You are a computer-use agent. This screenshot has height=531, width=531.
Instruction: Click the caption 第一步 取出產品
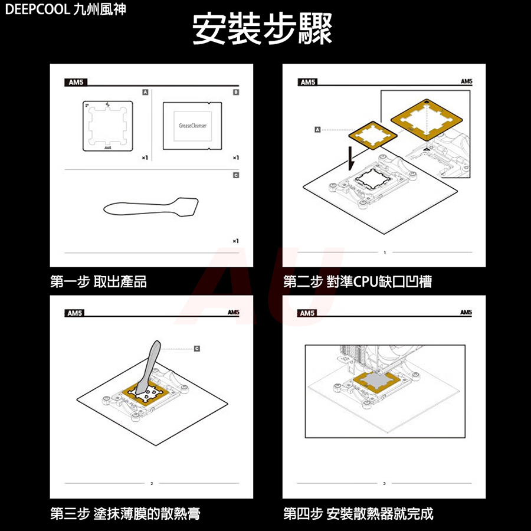(99, 281)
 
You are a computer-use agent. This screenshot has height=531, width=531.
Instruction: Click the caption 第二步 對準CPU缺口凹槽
(358, 281)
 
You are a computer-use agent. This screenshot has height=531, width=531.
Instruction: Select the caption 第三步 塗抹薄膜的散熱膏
(125, 514)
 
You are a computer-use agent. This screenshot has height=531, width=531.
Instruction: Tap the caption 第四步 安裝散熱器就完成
(358, 514)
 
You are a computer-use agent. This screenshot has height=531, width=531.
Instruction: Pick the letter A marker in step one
(145, 93)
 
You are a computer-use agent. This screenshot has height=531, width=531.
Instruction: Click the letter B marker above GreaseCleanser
(235, 93)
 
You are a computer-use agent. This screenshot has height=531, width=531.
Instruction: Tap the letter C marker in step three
(196, 349)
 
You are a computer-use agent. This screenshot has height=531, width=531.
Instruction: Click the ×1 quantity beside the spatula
(235, 241)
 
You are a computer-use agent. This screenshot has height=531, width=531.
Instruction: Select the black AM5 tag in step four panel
(307, 313)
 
